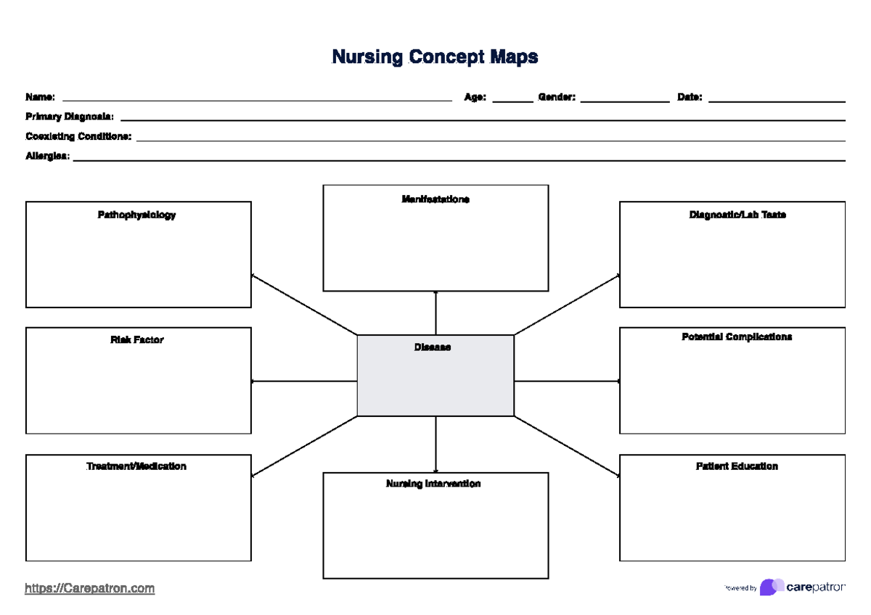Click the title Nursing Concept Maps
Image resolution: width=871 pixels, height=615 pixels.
tap(435, 57)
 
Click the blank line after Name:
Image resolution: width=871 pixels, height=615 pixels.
tap(257, 99)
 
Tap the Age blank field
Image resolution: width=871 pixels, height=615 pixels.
tap(512, 99)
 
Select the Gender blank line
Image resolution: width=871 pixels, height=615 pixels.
tap(624, 99)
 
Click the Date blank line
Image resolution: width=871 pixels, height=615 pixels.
tap(776, 99)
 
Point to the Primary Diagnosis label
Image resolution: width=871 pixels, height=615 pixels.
tap(70, 117)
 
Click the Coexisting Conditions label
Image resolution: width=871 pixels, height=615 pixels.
tap(78, 136)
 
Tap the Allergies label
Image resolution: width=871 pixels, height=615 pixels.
tap(48, 156)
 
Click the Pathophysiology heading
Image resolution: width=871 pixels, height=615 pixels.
tap(137, 215)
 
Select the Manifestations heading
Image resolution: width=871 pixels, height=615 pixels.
tap(435, 199)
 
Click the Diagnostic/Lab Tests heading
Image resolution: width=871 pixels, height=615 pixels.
tap(737, 215)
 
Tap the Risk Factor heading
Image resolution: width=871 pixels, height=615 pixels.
tap(137, 339)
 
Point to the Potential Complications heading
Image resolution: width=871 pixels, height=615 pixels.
tap(737, 337)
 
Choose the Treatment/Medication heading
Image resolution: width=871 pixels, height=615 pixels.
tap(136, 466)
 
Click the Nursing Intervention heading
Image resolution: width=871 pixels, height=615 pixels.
tap(433, 484)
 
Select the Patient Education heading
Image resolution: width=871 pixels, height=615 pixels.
tap(737, 466)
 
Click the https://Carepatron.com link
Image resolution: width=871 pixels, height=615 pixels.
tap(90, 588)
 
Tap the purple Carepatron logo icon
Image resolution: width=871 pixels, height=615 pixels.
tap(771, 587)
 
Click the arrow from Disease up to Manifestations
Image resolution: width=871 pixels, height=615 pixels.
tap(435, 313)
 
